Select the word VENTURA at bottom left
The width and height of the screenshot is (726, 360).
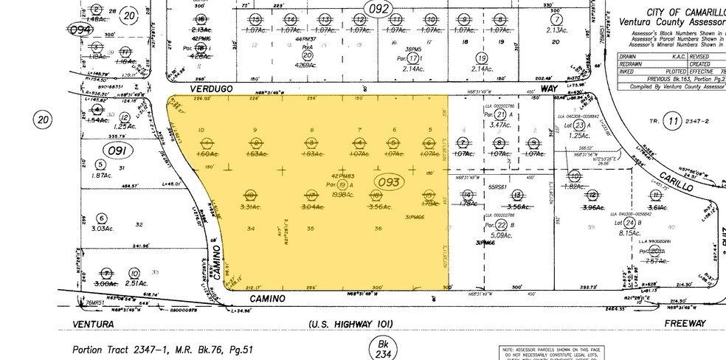pos(93,324)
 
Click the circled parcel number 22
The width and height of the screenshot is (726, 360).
pos(502,225)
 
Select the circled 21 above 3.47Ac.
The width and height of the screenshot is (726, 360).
pos(501,114)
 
